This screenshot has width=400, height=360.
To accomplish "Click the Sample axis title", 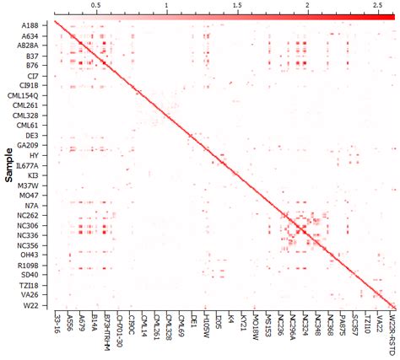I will click(x=8, y=165).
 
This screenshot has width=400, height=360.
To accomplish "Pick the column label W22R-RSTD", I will click(x=392, y=330).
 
